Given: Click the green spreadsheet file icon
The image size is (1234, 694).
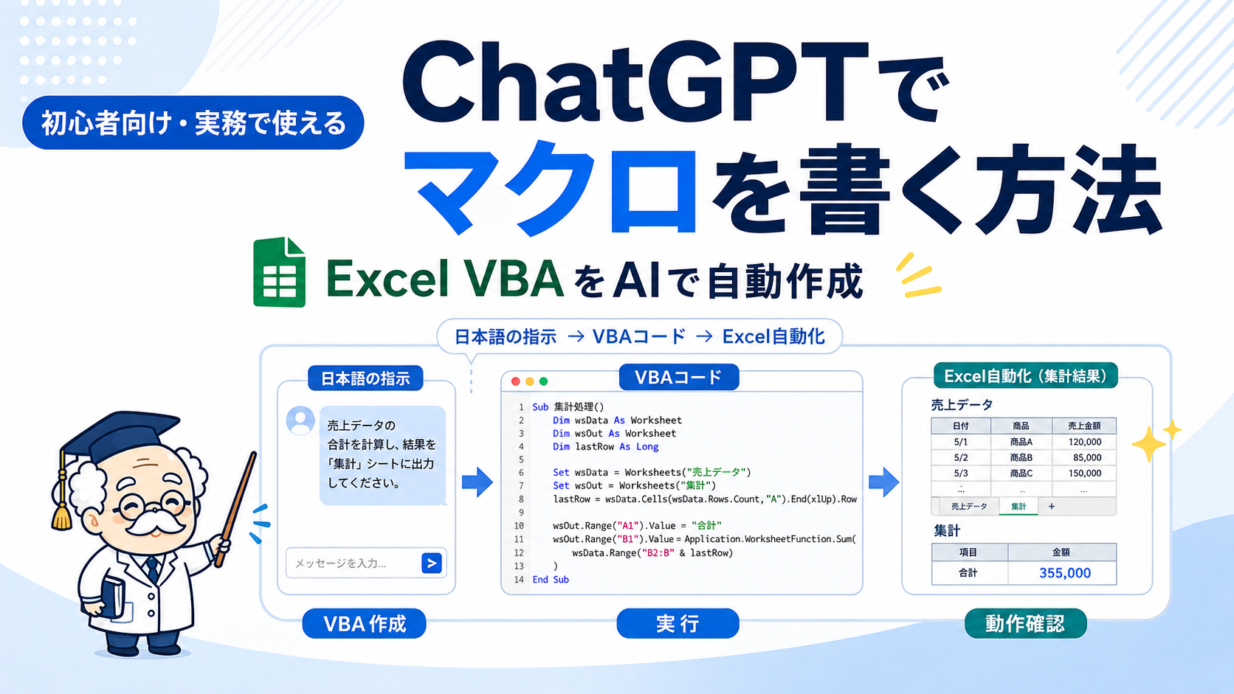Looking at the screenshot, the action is [279, 272].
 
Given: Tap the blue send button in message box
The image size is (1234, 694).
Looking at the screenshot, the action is [431, 563].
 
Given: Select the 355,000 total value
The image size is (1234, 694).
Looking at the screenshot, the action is [1064, 573].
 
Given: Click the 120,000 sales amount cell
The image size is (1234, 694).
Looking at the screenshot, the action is [1084, 442].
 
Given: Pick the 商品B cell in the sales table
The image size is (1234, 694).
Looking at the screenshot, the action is [1021, 457].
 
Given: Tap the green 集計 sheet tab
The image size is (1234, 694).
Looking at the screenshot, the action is [1018, 507].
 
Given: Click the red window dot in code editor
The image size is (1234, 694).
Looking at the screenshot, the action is [516, 381].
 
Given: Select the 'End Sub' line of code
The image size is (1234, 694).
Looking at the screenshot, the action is [551, 580].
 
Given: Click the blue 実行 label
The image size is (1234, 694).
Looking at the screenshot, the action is [678, 623].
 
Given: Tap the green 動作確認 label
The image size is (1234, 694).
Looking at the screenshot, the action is [1025, 623].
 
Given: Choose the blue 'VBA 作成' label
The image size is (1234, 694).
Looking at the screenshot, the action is [364, 623].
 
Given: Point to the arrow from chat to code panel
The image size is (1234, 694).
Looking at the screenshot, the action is [477, 482].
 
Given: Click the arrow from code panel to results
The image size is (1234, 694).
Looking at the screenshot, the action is [883, 482].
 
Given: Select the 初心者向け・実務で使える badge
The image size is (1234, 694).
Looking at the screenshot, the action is [193, 122].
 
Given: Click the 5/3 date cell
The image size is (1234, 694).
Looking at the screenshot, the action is [961, 473].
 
